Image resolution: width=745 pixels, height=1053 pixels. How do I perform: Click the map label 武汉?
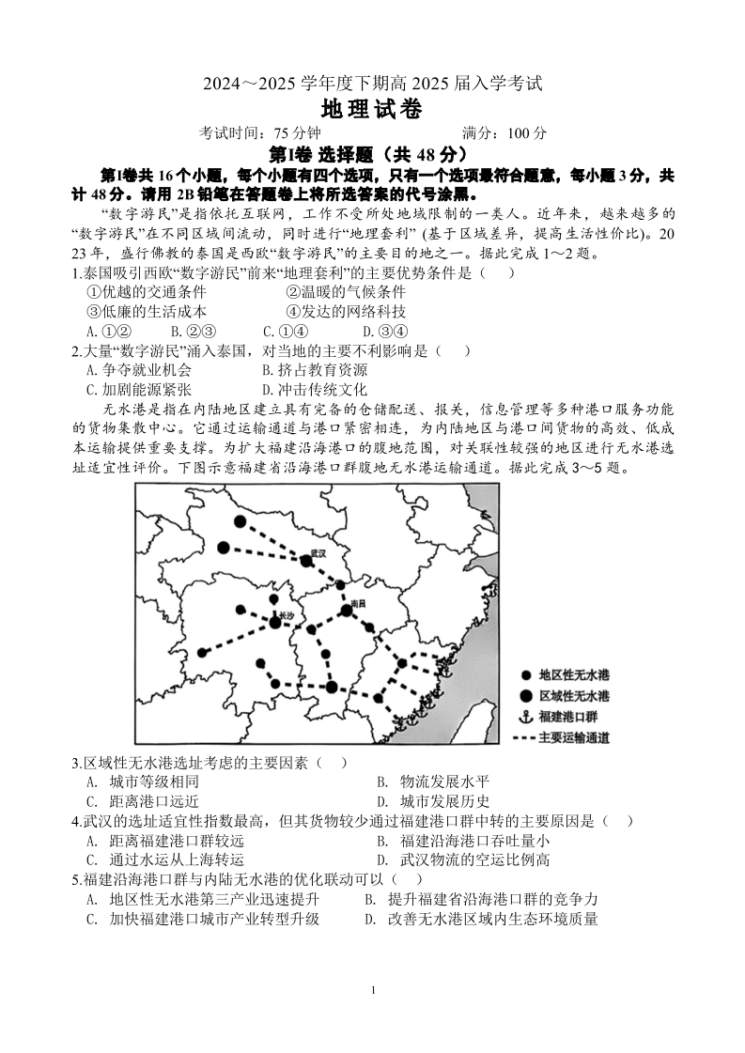(318, 554)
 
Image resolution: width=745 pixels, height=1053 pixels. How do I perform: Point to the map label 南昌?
(356, 602)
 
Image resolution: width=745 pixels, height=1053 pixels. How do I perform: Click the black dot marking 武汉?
(306, 561)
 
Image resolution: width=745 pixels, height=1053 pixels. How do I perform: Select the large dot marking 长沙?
(275, 621)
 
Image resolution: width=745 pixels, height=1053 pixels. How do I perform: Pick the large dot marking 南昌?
(347, 611)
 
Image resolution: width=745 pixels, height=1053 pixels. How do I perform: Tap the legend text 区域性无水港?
(574, 696)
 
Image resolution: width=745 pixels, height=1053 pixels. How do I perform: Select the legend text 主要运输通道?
(574, 737)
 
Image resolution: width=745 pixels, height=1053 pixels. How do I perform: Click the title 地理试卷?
(372, 109)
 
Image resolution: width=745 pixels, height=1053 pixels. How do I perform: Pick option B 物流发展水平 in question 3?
(432, 782)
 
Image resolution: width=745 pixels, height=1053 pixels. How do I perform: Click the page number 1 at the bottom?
(373, 990)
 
